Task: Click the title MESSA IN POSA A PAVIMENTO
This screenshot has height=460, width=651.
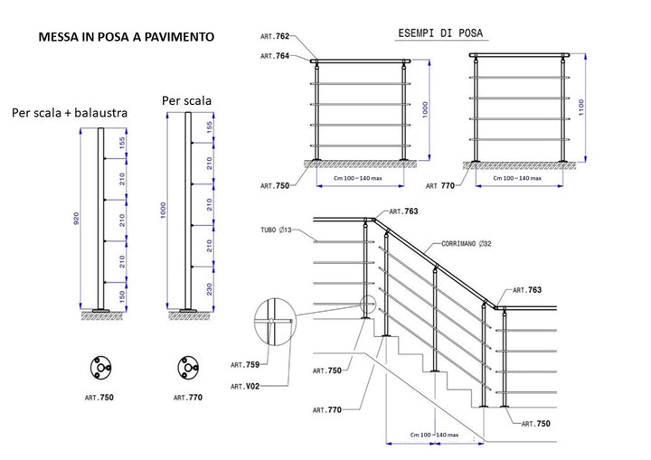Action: tap(126, 37)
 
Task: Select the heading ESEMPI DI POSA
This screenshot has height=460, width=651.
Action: tap(440, 33)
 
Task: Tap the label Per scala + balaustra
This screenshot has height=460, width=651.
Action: tap(70, 113)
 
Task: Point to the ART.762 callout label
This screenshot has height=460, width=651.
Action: tap(275, 37)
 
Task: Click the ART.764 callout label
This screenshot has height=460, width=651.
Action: tap(275, 56)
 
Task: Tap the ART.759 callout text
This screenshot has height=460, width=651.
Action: tap(244, 365)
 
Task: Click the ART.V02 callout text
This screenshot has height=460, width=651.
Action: tap(244, 386)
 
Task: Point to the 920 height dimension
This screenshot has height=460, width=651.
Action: tap(78, 219)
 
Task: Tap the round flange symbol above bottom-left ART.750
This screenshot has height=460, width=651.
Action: tap(99, 368)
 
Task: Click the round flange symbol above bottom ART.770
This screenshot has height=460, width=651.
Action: tap(189, 368)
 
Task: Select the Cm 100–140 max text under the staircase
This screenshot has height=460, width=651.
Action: tap(435, 436)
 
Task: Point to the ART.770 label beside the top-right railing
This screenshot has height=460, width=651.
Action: tap(447, 185)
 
